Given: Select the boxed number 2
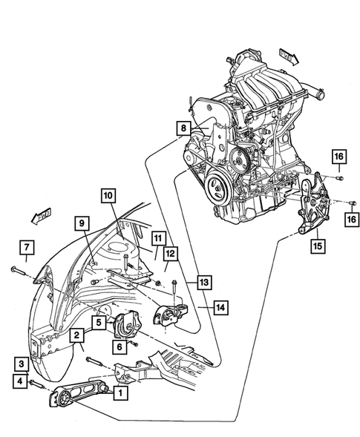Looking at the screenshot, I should pos(76,337).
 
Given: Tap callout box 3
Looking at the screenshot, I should pos(23,364).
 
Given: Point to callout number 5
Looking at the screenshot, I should pos(98,323).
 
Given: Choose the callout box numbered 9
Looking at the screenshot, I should pos(81,223).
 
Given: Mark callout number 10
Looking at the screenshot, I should pos(108,196).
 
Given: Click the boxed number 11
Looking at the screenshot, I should pos(157,238).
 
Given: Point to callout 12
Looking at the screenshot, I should pos(170,254).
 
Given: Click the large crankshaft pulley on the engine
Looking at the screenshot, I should pos(218,185).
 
